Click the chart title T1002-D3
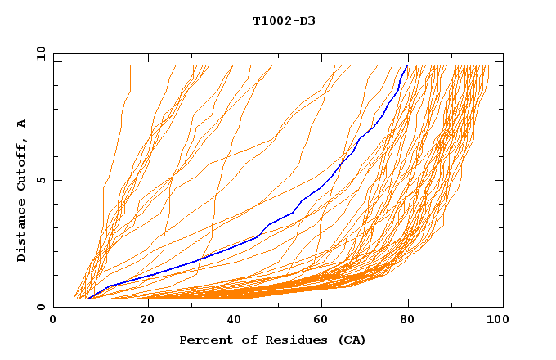[284, 20]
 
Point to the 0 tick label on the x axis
[53, 322]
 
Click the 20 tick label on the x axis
[142, 322]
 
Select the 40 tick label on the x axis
[231, 322]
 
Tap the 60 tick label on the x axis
[320, 322]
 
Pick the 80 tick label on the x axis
[409, 322]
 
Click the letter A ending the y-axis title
[22, 124]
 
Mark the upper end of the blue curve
[408, 65]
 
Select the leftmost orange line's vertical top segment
[130, 78]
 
